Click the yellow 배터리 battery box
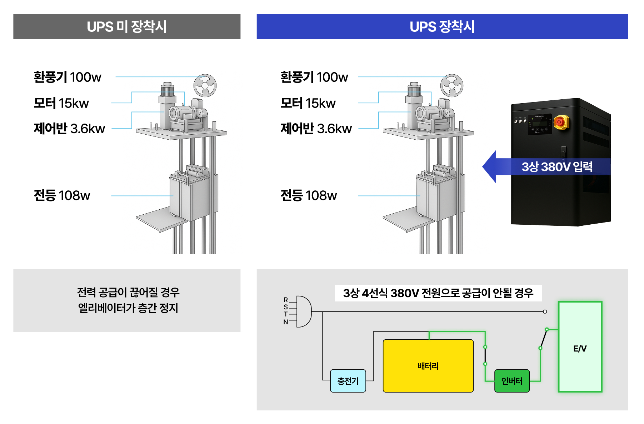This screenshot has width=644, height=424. coord(428,366)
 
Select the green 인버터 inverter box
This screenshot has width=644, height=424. coord(511,381)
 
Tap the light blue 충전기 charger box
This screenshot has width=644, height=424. coord(348,381)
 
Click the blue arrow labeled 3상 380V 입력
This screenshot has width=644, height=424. coord(546,167)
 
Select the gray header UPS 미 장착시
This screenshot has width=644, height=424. coord(127,27)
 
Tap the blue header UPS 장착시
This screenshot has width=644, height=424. coord(442,27)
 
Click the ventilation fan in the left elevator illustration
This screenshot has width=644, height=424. coord(205,86)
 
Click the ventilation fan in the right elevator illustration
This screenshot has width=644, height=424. coord(451,86)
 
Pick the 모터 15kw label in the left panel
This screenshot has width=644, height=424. coord(61,103)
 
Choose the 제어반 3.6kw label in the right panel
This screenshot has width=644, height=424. coord(316,129)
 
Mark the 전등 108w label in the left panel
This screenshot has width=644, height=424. coord(62,195)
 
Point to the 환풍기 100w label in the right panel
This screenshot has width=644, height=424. coord(314,77)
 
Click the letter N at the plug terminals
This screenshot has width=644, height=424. coord(286,322)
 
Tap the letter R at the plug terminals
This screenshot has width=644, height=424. coord(286,300)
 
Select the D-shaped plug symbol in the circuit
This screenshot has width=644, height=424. coord(304,311)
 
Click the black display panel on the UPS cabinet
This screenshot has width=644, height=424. coord(540,124)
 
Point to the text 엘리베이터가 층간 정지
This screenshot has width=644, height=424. coord(128,308)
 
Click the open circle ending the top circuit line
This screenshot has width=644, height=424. coord(545,311)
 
